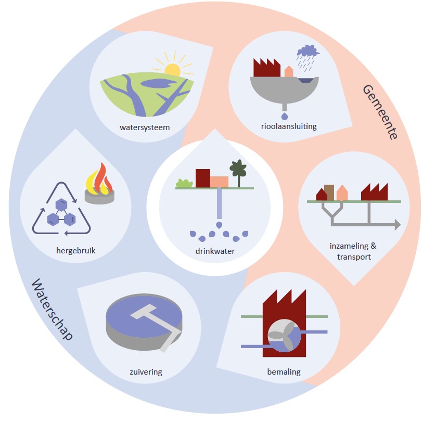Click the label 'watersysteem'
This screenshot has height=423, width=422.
[144, 127]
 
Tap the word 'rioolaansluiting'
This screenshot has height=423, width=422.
[289, 126]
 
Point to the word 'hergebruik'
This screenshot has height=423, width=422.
[76, 251]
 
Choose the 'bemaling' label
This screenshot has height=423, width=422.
[284, 371]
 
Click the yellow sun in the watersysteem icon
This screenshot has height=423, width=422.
[172, 70]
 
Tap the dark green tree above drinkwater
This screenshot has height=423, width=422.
[238, 169]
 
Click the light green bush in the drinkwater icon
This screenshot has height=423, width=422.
[183, 183]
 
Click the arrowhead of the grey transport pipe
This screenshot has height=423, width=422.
[397, 225]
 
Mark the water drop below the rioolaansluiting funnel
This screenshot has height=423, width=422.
[284, 113]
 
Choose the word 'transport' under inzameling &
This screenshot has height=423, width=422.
[349, 257]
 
